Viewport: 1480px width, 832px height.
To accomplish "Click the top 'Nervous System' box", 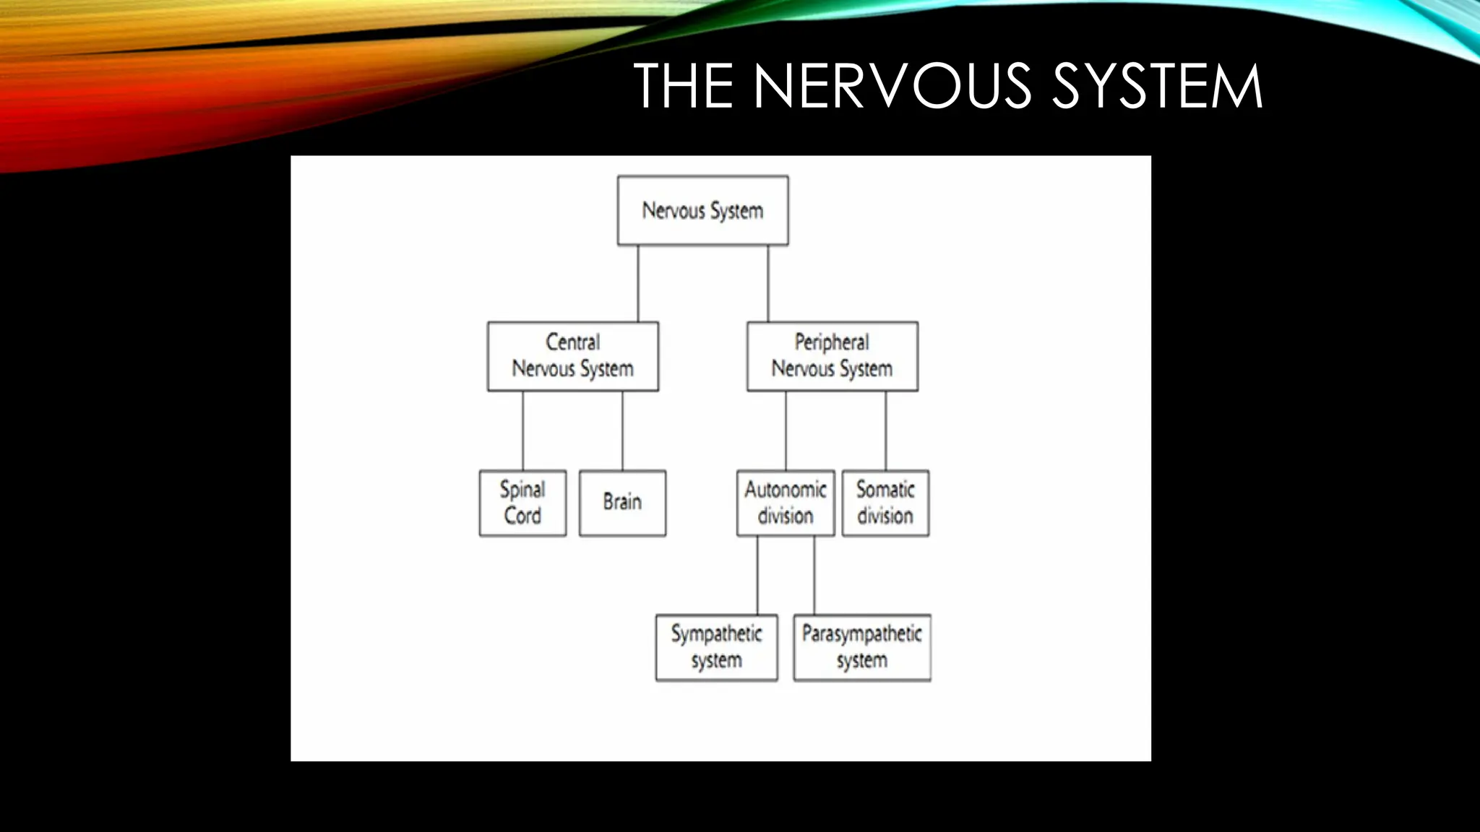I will coord(702,210).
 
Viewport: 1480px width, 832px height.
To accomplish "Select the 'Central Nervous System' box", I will coord(572,356).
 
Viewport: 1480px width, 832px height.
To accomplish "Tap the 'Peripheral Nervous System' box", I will coord(832,356).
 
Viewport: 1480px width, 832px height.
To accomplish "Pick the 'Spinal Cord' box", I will coord(522,503).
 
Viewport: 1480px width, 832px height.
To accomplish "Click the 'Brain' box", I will coord(622,503).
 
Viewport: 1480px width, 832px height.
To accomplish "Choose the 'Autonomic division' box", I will coord(786,503).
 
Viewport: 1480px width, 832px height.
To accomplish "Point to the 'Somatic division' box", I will coord(885,503).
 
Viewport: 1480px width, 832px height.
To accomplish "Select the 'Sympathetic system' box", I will coord(716,647).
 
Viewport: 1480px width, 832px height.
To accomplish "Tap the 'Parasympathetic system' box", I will coord(861,647).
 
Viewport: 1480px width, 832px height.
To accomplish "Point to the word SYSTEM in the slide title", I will coord(1156,86).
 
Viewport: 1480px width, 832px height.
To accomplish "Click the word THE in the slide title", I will coord(683,86).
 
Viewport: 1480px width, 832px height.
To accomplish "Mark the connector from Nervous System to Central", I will coord(638,283).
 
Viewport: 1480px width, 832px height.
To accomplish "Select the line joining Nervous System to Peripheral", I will coord(768,283).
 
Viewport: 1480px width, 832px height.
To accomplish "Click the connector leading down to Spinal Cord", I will coord(523,430).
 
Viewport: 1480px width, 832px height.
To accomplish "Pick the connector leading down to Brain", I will coord(622,430).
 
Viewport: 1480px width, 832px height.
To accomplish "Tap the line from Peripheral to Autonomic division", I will coord(786,430).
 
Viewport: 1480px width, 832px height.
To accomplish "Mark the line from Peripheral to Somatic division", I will coord(886,430).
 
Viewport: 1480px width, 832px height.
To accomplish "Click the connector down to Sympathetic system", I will coord(757,575).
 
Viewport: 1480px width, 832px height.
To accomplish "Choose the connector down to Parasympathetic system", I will coord(814,575).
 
